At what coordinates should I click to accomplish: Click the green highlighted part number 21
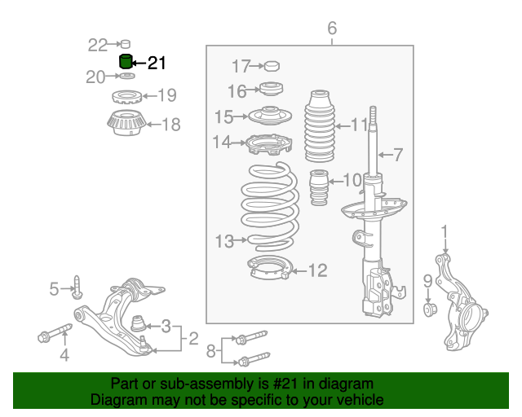(126, 62)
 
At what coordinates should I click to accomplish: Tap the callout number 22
(98, 44)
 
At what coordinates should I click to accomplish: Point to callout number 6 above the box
(332, 29)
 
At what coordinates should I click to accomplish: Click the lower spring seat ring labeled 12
(268, 266)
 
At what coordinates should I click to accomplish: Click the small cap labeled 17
(272, 66)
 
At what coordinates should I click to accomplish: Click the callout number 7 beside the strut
(399, 153)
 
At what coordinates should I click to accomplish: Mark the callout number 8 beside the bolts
(210, 351)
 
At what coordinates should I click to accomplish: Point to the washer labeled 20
(115, 77)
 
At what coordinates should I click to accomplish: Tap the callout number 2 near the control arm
(193, 338)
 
